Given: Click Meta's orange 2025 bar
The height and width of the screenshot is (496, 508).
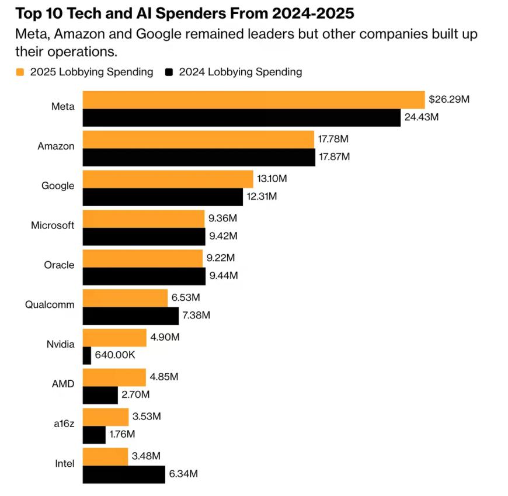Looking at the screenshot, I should pyautogui.click(x=253, y=100).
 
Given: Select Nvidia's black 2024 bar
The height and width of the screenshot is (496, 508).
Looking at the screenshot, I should pyautogui.click(x=87, y=355).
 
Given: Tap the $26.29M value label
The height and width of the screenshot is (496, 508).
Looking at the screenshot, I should pyautogui.click(x=448, y=99).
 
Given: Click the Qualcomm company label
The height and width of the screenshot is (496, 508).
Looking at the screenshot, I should pyautogui.click(x=50, y=304).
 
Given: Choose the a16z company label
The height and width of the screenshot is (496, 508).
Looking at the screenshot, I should pyautogui.click(x=64, y=424).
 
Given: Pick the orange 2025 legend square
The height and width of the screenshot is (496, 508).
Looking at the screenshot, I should pyautogui.click(x=20, y=72).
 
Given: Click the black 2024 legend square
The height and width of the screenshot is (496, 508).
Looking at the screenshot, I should pyautogui.click(x=170, y=72).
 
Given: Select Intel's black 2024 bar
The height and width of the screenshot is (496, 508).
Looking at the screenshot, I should pyautogui.click(x=124, y=474).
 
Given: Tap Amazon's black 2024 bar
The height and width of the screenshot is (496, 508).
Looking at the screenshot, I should pyautogui.click(x=199, y=157).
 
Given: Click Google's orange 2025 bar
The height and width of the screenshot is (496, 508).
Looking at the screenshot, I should pyautogui.click(x=168, y=179).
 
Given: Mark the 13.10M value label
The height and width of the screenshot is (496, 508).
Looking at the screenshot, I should pyautogui.click(x=272, y=179).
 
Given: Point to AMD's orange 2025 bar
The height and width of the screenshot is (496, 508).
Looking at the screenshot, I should pyautogui.click(x=114, y=377).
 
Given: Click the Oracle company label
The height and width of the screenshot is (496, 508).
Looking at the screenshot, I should pyautogui.click(x=59, y=265).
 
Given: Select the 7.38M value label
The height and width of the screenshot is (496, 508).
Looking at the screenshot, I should pyautogui.click(x=197, y=315).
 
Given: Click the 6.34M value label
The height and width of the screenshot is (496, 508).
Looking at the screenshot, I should pyautogui.click(x=183, y=474).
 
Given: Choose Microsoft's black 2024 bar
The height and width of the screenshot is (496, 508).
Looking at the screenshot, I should pyautogui.click(x=144, y=236).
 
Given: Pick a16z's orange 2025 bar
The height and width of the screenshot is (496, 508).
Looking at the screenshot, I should pyautogui.click(x=106, y=417).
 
